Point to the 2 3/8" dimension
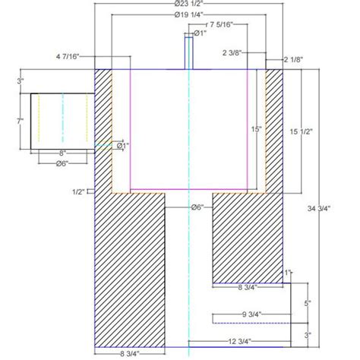[x=232, y=52]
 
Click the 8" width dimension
[x=62, y=153]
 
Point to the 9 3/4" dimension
[x=251, y=314]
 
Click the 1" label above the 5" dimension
[x=288, y=272]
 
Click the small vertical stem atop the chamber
[x=188, y=52]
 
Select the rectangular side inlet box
[x=62, y=120]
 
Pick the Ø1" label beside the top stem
[x=201, y=34]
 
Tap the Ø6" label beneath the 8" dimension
[x=62, y=163]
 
